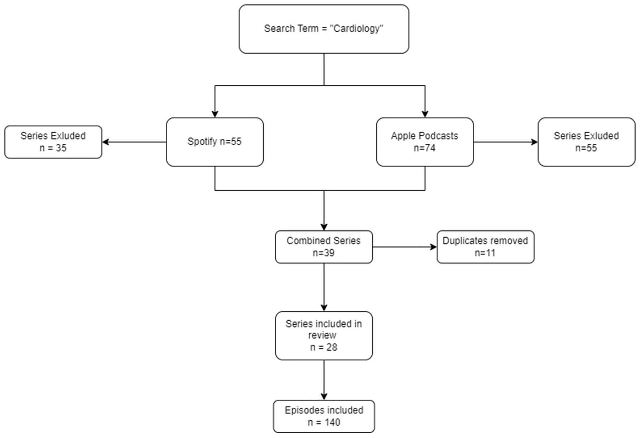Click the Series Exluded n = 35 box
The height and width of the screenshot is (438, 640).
click(x=53, y=142)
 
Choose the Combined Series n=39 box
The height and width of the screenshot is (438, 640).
click(x=324, y=247)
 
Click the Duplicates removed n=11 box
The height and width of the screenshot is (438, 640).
click(x=485, y=247)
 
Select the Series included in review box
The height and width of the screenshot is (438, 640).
click(x=324, y=336)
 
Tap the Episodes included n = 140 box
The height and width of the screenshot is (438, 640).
click(x=324, y=416)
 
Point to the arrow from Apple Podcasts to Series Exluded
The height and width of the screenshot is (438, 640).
click(x=506, y=142)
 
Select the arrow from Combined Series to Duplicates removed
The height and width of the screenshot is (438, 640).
click(x=405, y=247)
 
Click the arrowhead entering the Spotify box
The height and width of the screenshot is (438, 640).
click(x=215, y=114)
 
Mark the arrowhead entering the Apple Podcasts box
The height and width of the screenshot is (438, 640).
click(x=425, y=114)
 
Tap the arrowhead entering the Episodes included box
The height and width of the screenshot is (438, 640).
click(x=324, y=396)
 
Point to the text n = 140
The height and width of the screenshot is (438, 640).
click(x=324, y=422)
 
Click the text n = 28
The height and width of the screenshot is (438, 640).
click(x=324, y=347)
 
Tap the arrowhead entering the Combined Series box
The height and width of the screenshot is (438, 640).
click(x=324, y=227)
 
